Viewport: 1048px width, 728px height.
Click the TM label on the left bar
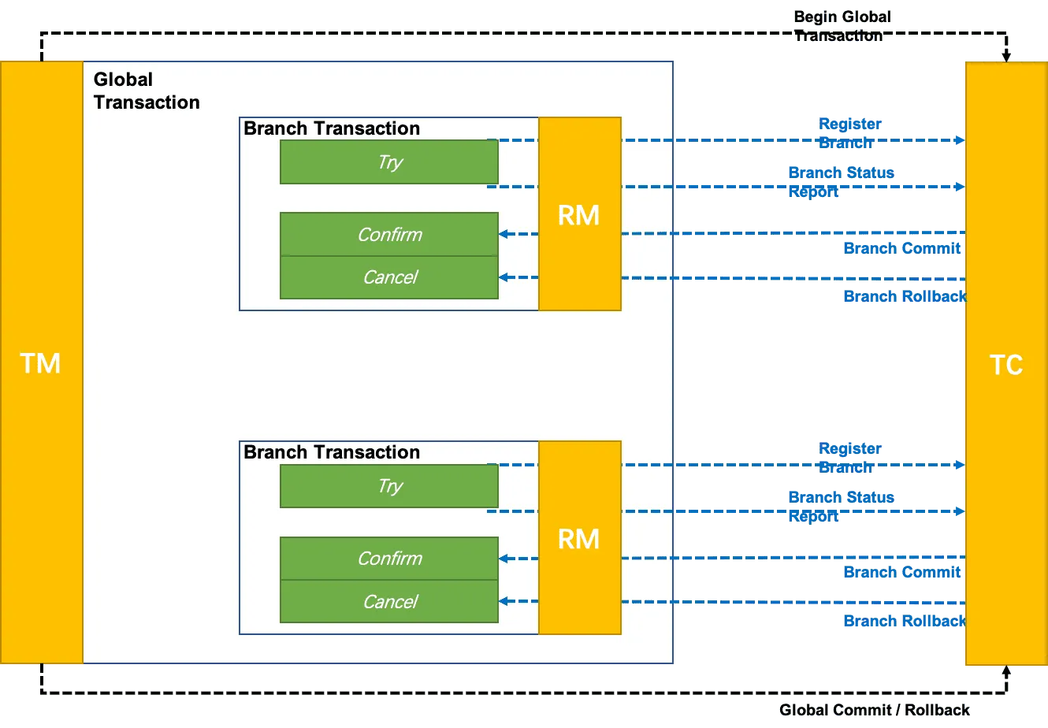click(40, 363)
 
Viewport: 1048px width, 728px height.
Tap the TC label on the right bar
click(1005, 365)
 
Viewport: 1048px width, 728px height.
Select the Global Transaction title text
click(146, 91)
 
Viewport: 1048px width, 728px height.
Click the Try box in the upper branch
click(389, 162)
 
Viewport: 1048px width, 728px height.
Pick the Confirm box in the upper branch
click(389, 235)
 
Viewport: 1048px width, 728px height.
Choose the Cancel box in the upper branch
click(389, 277)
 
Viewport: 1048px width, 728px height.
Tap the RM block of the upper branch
click(579, 214)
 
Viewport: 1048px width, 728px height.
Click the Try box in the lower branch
click(389, 486)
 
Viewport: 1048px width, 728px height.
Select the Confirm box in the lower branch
click(389, 559)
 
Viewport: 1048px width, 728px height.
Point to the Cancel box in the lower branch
click(389, 602)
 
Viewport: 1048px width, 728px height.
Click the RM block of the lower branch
click(579, 539)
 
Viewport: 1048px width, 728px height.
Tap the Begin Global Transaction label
click(843, 26)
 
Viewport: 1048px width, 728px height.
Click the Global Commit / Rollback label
click(873, 710)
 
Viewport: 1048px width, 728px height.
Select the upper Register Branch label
click(849, 132)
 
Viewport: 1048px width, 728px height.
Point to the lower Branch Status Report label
click(840, 506)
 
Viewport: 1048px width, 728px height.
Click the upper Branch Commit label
click(901, 248)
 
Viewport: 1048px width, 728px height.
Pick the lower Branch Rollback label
click(903, 621)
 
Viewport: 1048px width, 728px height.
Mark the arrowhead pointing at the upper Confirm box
click(504, 234)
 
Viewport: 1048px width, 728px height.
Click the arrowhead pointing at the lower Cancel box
click(504, 602)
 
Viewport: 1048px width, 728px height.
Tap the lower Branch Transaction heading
click(332, 452)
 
